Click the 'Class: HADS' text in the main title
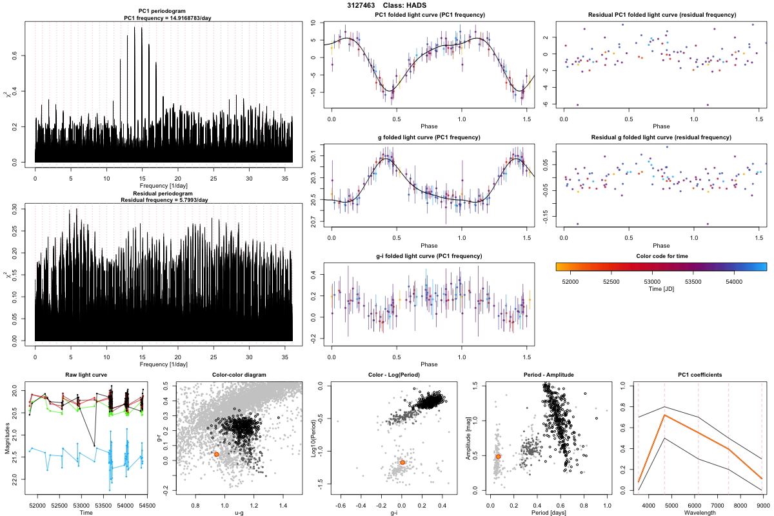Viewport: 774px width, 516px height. (410, 5)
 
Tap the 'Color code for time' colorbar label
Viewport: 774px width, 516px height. (660, 255)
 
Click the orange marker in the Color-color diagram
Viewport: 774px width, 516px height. (217, 454)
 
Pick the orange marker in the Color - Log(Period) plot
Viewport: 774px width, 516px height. (402, 462)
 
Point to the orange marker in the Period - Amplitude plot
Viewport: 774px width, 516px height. (498, 457)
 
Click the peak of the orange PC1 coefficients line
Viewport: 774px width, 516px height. (664, 415)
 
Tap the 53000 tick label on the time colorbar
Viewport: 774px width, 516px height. (653, 281)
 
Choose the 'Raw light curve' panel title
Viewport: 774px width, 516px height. (86, 375)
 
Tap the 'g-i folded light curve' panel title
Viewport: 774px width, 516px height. (429, 256)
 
